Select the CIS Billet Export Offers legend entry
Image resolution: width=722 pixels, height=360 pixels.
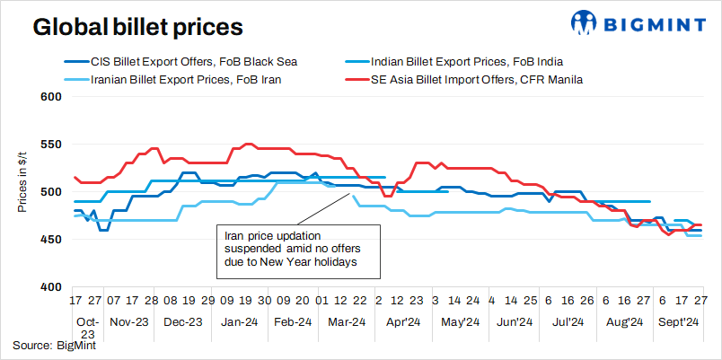click(193, 62)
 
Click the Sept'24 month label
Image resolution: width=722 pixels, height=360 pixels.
click(679, 321)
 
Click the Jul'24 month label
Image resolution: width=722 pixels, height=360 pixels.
click(569, 321)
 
